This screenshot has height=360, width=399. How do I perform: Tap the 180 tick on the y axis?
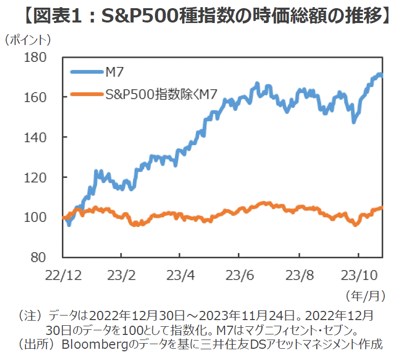point(40,57)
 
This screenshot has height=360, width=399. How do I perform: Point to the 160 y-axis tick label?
point(40,97)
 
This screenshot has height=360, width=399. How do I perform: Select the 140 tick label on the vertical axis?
point(40,137)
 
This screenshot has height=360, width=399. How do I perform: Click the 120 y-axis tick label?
point(40,177)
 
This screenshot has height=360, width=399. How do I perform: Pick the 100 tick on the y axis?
point(40,217)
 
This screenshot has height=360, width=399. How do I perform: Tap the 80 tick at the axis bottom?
point(45,257)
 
